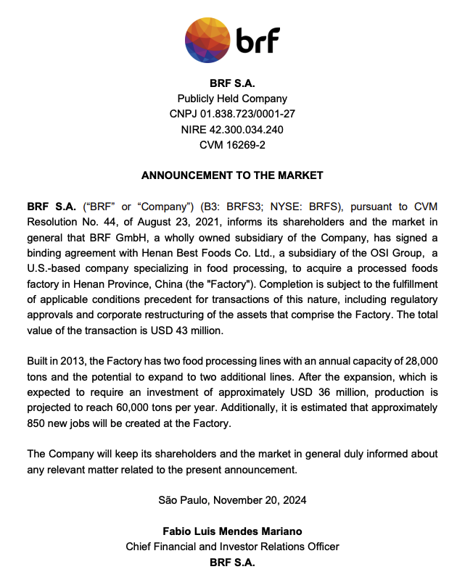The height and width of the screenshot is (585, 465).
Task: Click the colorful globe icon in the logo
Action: pos(209,40)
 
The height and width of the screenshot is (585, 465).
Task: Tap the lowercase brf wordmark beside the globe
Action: pos(258,41)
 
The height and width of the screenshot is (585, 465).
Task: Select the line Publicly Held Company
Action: pos(232,99)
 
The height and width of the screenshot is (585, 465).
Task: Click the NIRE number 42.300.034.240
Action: pos(246,130)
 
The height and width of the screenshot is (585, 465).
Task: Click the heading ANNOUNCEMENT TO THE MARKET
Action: pos(232,175)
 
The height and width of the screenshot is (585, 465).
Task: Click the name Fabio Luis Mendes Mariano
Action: pos(232,531)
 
